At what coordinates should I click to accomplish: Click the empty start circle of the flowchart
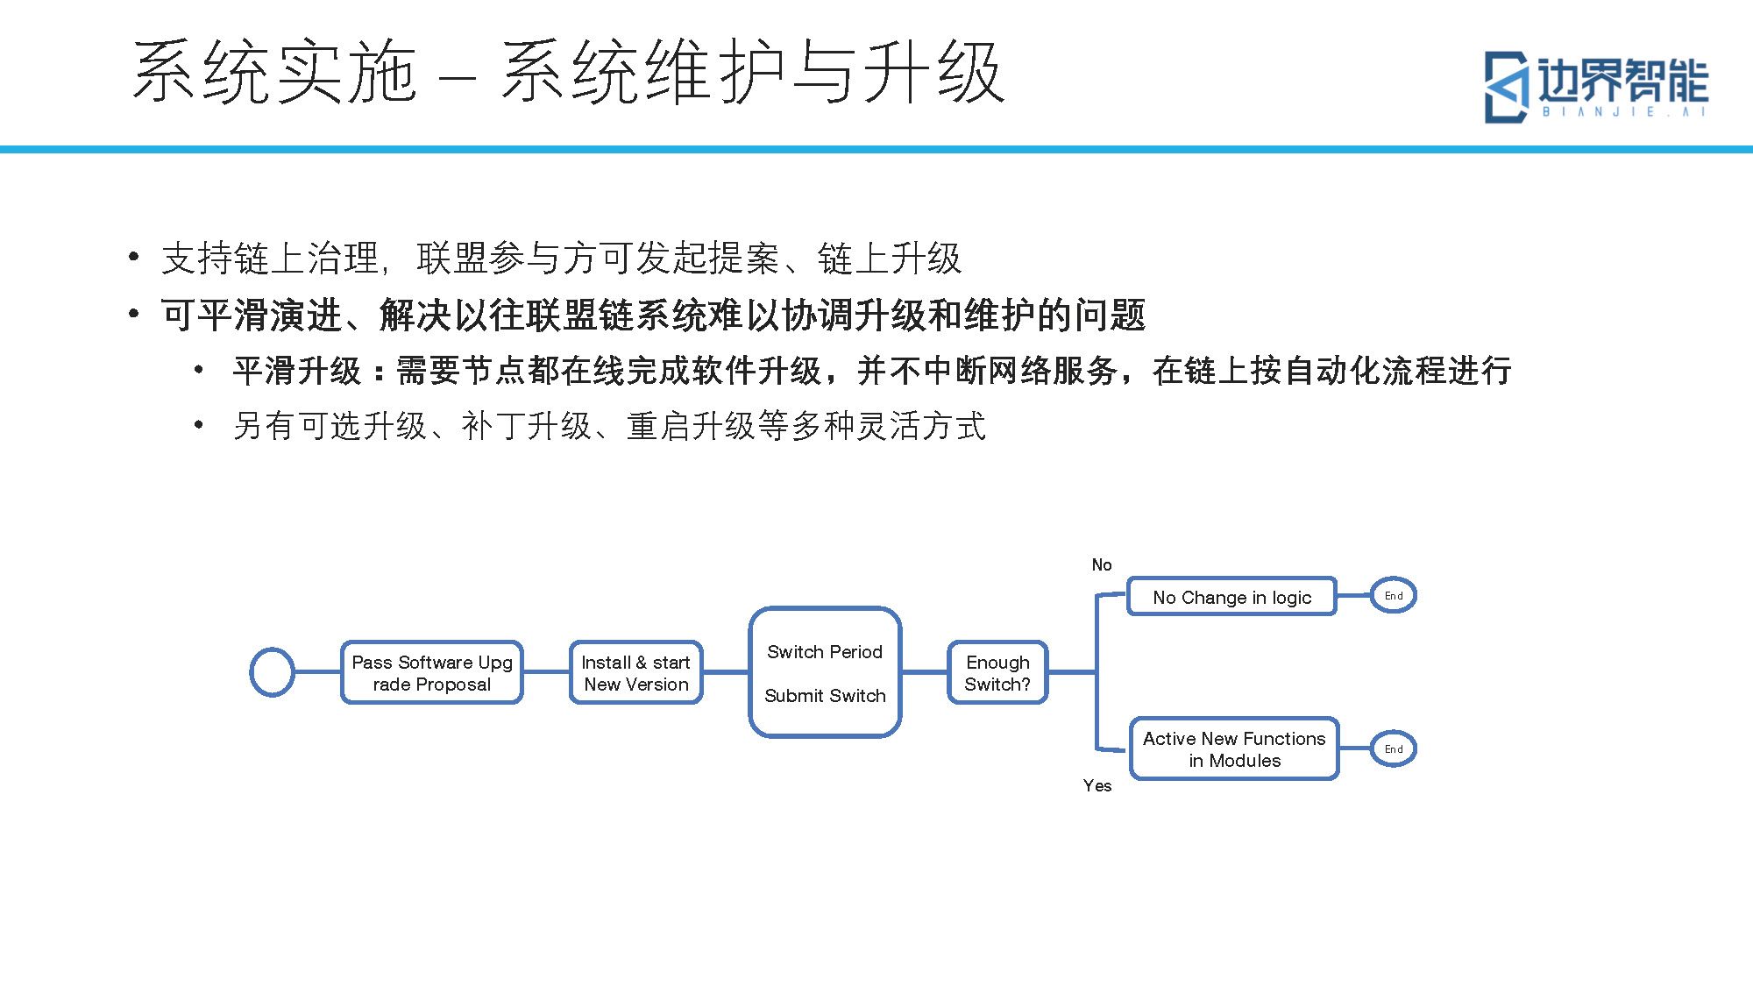pos(272,672)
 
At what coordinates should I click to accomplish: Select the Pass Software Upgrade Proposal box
pos(432,672)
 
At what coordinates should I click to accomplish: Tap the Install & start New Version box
pos(636,672)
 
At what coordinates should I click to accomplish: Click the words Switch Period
pos(825,652)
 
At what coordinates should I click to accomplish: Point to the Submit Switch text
pos(825,696)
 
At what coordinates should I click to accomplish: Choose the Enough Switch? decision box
pos(997,672)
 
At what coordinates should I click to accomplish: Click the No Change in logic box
pos(1231,596)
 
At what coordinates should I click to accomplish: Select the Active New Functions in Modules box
pos(1234,748)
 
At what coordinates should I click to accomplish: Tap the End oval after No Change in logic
pos(1394,596)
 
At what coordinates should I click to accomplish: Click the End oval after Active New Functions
pos(1394,748)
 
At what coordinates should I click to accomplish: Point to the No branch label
pos(1102,565)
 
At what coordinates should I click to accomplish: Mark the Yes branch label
pos(1097,786)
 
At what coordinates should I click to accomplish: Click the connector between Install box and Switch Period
pos(726,672)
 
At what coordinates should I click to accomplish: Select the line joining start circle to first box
pos(317,672)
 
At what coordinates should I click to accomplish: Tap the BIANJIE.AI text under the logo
pos(1625,112)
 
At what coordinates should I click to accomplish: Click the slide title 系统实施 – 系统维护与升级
pos(568,72)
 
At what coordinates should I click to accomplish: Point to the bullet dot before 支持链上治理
pos(133,257)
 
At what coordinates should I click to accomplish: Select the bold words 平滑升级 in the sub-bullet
pos(297,371)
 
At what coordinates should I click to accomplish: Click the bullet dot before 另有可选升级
pos(200,426)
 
